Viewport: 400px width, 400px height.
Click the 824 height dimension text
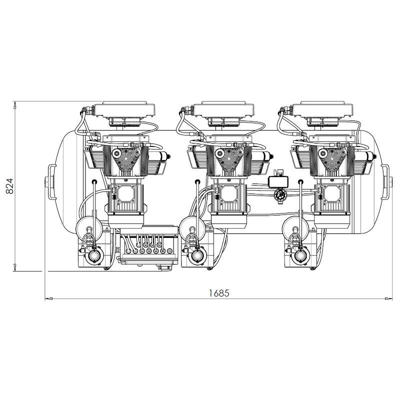tap(9, 186)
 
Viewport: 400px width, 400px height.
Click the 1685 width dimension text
tap(219, 293)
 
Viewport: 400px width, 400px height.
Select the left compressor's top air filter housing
tap(124, 109)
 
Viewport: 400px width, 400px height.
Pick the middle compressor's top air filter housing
tap(223, 109)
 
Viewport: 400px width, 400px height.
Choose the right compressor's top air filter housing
tap(322, 109)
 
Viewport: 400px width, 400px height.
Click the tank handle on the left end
tap(51, 181)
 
